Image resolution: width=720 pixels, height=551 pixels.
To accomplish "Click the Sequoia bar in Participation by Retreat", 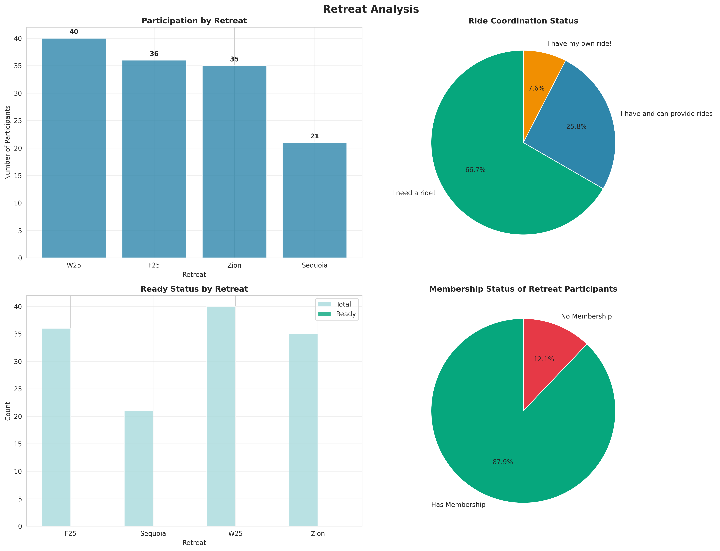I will (314, 200).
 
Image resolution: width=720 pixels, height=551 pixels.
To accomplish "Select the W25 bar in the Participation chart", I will (74, 148).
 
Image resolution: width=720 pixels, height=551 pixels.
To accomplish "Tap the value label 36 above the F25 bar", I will (154, 54).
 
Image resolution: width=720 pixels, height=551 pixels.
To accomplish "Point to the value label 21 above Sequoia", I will (314, 136).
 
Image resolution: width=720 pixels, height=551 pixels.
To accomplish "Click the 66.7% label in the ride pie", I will (475, 170).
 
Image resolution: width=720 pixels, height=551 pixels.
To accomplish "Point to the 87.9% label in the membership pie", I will (503, 462).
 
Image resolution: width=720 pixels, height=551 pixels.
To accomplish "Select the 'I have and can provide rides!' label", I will (668, 114).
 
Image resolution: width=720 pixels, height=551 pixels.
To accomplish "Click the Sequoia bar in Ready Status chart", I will (139, 469).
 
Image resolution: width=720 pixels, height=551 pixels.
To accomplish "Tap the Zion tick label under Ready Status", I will (318, 534).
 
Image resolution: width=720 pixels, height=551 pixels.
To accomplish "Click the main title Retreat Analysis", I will (370, 9).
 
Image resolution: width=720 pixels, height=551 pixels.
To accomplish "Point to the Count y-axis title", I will (7, 411).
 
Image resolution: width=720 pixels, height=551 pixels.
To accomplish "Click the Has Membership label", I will (458, 505).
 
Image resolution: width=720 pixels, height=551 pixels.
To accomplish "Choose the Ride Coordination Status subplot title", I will (523, 21).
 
